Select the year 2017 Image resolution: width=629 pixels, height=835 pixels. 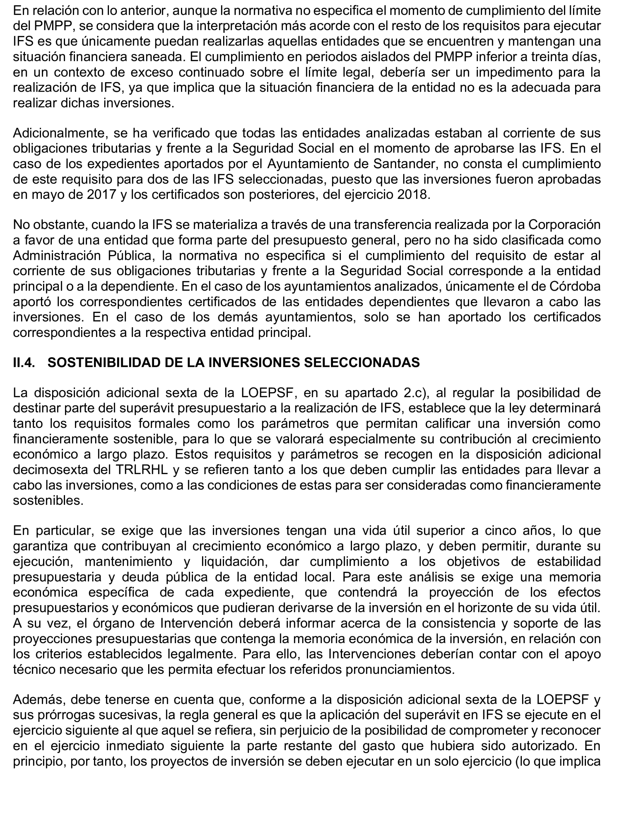(x=101, y=195)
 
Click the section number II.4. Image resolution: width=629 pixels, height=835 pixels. (x=24, y=363)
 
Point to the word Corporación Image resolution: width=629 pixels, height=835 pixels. (x=564, y=225)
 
